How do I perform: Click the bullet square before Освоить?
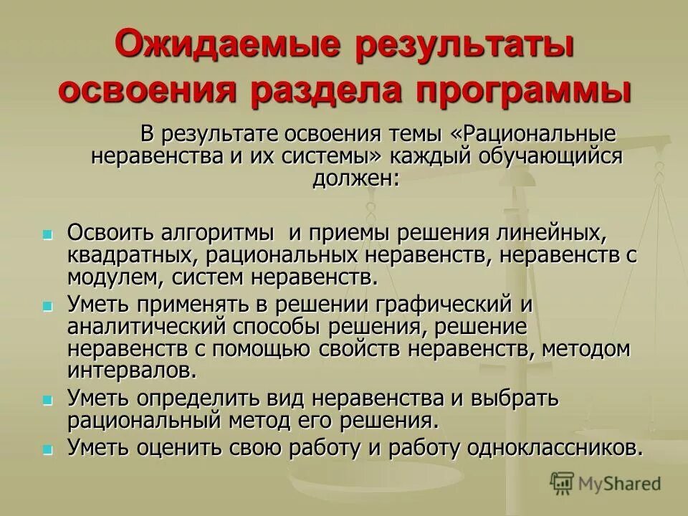click(x=48, y=235)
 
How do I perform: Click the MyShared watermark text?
click(x=621, y=484)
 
